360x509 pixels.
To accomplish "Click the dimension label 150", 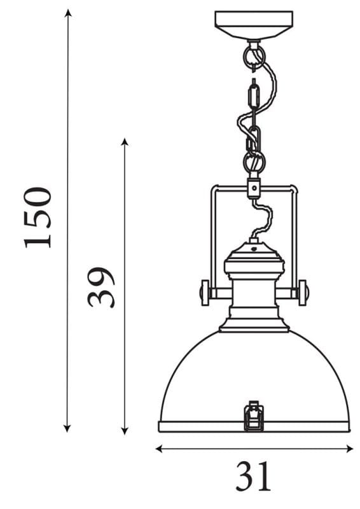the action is click(x=38, y=218).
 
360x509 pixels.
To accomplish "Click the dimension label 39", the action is click(x=101, y=287).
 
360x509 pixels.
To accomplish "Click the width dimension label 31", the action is click(x=253, y=475).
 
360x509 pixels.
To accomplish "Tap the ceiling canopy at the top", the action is click(x=254, y=25).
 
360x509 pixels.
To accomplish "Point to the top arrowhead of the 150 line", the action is click(x=67, y=13).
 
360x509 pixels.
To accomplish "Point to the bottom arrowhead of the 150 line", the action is click(x=67, y=428).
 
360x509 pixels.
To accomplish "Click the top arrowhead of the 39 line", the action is click(x=125, y=142).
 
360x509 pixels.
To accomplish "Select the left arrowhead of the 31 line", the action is click(x=159, y=449).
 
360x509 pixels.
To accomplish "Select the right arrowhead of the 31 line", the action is click(x=349, y=449).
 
